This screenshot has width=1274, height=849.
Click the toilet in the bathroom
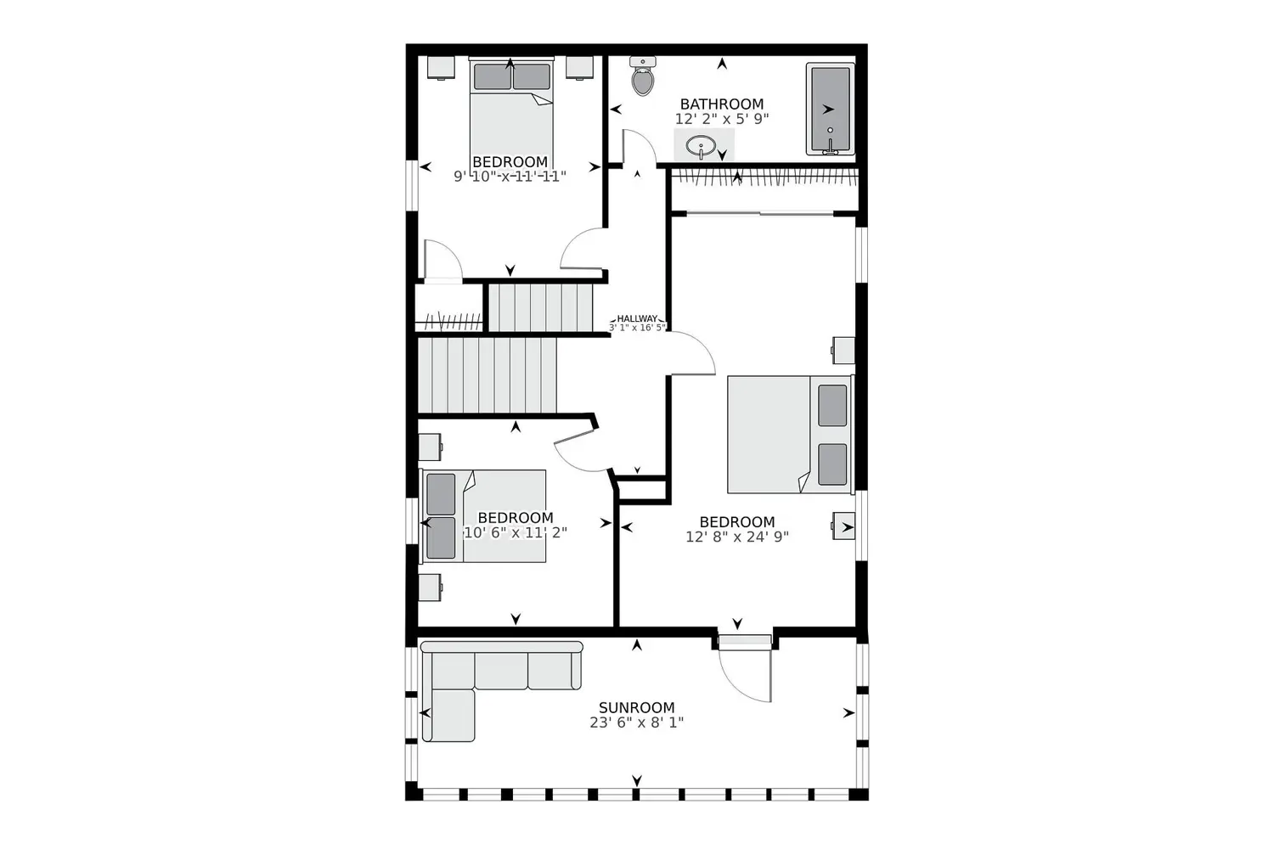643,79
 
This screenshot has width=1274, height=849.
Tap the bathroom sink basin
701,146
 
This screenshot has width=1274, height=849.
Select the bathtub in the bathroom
830,109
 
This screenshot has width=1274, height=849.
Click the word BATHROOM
722,104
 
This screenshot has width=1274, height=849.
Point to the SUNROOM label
637,707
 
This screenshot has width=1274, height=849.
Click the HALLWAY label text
637,318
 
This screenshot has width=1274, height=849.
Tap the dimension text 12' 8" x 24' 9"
737,537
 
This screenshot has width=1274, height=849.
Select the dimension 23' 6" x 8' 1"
637,722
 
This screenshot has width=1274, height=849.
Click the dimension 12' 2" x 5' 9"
722,119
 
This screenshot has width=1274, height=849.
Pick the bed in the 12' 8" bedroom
788,434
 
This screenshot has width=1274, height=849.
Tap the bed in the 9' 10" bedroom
511,110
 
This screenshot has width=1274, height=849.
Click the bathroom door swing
639,149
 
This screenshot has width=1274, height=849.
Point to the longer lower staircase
487,374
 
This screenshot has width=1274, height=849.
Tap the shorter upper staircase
540,307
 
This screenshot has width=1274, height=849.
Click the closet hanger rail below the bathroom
764,177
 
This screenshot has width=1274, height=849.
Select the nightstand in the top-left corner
441,67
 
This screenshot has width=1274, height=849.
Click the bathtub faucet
830,149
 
